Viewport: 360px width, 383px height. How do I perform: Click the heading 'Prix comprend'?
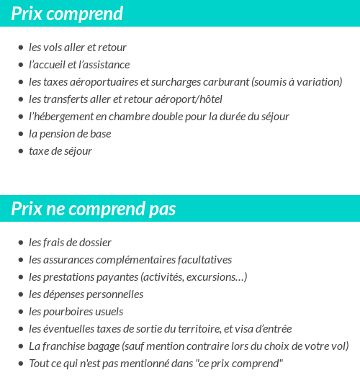(67, 14)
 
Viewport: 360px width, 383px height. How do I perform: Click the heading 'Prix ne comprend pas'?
(94, 209)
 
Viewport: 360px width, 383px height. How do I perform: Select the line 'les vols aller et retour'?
(78, 48)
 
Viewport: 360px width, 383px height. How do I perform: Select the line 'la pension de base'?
(70, 134)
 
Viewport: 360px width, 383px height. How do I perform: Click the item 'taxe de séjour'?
(60, 151)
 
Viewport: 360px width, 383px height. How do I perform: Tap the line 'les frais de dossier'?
(71, 243)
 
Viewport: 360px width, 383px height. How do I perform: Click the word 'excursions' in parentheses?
(218, 277)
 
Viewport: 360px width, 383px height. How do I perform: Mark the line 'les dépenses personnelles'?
(86, 294)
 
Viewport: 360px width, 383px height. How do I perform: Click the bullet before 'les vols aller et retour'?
(20, 48)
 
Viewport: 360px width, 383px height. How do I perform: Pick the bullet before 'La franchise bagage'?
(20, 346)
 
